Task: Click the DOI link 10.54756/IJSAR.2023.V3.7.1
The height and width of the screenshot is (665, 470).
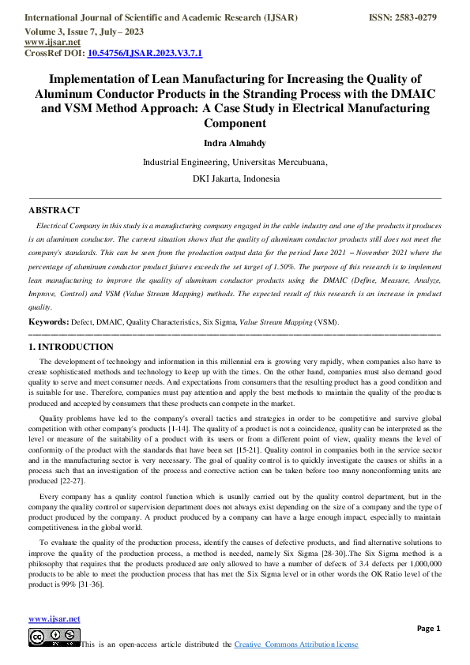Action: click(145, 54)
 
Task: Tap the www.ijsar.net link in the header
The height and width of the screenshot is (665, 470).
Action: click(47, 43)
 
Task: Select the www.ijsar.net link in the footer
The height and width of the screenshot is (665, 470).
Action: click(54, 618)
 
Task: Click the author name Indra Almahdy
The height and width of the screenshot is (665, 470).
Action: click(235, 143)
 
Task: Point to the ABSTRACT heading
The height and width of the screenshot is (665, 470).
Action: click(54, 210)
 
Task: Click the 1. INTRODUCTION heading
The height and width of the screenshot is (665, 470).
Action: click(70, 347)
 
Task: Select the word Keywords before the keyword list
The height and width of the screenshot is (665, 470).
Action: click(47, 322)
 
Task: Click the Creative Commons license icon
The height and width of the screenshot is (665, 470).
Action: click(54, 637)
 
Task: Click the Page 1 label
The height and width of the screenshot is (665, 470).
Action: click(428, 628)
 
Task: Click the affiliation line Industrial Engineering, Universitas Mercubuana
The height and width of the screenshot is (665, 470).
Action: click(235, 162)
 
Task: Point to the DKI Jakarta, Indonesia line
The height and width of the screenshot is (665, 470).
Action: click(235, 179)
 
